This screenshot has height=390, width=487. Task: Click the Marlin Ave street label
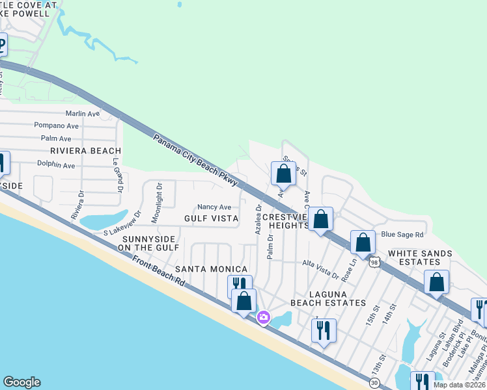[x=82, y=113]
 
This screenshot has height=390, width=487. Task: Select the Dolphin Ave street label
[x=55, y=165]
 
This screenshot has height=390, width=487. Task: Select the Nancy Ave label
[x=214, y=207]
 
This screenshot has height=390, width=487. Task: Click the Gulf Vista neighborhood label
[x=211, y=218]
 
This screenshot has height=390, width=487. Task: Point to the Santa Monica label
[x=211, y=269]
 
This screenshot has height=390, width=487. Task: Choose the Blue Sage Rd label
[x=402, y=235]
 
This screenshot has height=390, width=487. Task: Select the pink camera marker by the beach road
[x=264, y=318]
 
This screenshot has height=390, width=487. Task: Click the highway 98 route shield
[x=374, y=261]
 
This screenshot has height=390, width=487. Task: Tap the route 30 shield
[x=374, y=383]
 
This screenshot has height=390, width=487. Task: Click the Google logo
[x=21, y=382]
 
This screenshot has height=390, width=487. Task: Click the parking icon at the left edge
[x=1, y=47]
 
